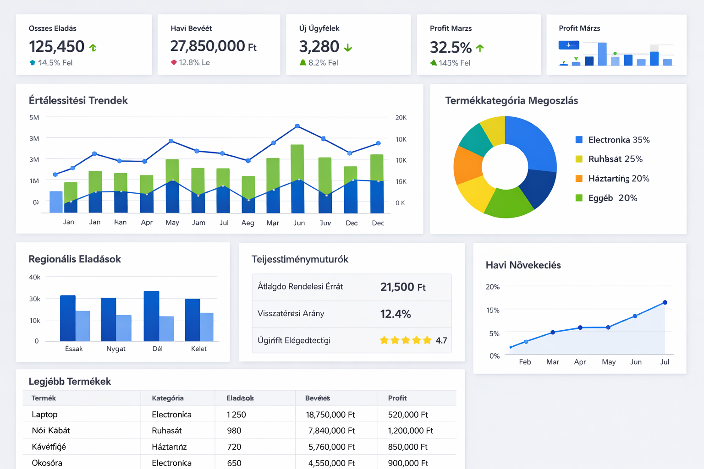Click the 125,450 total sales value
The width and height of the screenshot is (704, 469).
click(56, 46)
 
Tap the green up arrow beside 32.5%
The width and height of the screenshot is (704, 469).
click(480, 48)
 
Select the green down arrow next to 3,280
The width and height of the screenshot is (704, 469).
click(348, 47)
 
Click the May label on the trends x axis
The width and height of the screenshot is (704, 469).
click(172, 223)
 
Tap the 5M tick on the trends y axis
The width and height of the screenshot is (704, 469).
click(34, 118)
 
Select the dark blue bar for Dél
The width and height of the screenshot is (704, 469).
click(151, 316)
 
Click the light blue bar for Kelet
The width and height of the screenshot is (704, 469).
click(207, 327)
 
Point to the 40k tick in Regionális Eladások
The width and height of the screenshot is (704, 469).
click(35, 277)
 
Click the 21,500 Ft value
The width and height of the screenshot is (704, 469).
click(403, 287)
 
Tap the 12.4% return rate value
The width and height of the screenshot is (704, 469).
click(396, 314)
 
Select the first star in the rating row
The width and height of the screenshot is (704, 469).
click(384, 340)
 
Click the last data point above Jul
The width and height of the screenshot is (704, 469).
click(665, 302)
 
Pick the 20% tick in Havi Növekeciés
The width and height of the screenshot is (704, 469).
click(492, 287)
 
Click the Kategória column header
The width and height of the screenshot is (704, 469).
click(168, 398)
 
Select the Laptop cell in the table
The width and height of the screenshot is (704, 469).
click(44, 414)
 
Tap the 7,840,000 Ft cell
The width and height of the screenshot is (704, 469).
click(331, 431)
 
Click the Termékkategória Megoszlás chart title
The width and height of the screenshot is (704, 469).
click(511, 101)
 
